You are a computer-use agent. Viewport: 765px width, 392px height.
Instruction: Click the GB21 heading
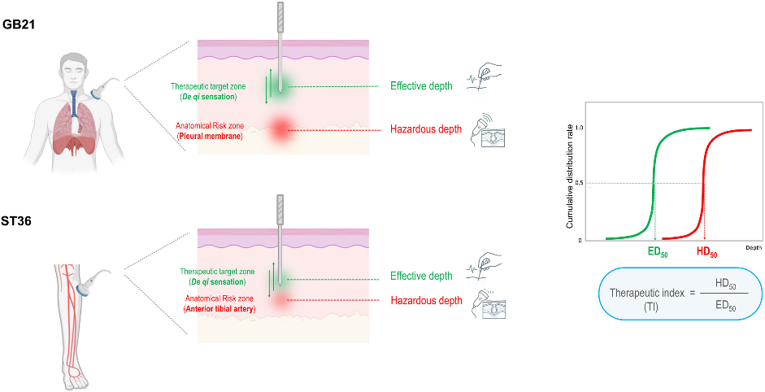click(19, 25)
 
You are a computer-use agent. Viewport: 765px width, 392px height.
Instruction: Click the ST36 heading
click(16, 222)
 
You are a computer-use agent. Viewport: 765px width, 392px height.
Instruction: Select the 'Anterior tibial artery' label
click(220, 309)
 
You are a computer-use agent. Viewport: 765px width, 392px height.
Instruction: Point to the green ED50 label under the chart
click(657, 253)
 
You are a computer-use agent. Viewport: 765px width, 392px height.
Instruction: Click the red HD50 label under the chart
click(706, 252)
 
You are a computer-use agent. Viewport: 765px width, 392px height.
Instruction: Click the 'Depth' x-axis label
click(754, 248)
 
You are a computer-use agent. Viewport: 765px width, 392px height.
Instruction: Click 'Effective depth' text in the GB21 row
click(421, 86)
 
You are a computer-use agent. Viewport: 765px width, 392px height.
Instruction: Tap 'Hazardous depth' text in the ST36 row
click(427, 300)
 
